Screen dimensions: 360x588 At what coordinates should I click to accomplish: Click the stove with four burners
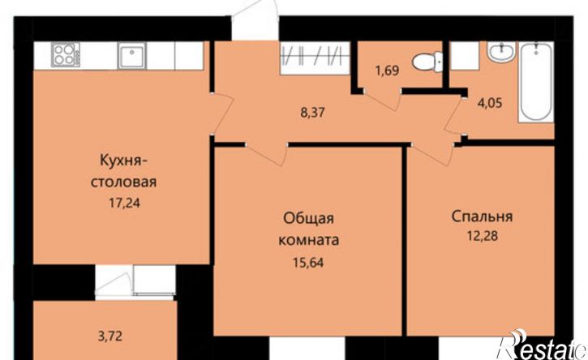(65, 56)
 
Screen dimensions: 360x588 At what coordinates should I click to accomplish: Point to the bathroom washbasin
(499, 54)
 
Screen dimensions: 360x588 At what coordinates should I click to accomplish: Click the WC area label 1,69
(387, 71)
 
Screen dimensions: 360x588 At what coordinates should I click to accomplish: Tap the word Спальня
(483, 216)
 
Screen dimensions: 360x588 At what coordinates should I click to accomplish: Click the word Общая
(309, 220)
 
